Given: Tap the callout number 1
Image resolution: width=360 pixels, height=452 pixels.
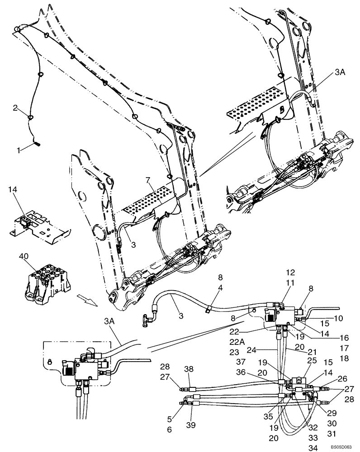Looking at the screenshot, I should [x=18, y=147].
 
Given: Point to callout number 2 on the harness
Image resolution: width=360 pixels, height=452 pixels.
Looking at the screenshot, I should [x=15, y=108].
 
